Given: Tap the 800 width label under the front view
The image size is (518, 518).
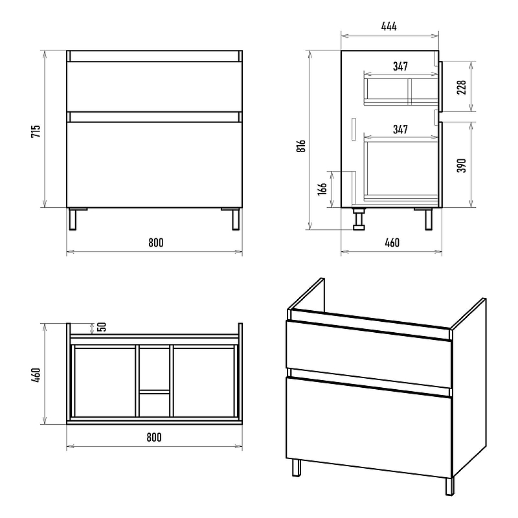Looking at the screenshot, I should [155, 243].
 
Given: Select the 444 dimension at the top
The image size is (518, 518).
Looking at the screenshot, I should [388, 27].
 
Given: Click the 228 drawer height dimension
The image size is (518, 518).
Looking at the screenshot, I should [462, 86].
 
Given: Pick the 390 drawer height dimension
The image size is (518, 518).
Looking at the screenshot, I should [462, 165].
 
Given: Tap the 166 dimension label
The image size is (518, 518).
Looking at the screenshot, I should [322, 190].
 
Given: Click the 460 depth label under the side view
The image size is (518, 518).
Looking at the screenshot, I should [392, 243].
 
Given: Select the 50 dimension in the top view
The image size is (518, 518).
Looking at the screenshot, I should [102, 328].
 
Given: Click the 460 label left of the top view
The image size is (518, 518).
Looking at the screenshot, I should [36, 374].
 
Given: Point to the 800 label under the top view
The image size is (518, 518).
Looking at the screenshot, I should [153, 437].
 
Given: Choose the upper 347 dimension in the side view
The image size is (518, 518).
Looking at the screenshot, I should [400, 66].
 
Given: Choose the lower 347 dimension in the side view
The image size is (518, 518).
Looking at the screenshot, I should [400, 129].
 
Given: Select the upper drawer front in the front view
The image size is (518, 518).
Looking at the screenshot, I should [154, 87].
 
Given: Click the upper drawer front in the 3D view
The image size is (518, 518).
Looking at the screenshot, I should [367, 346].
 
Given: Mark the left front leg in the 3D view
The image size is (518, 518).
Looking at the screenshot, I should [296, 467].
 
